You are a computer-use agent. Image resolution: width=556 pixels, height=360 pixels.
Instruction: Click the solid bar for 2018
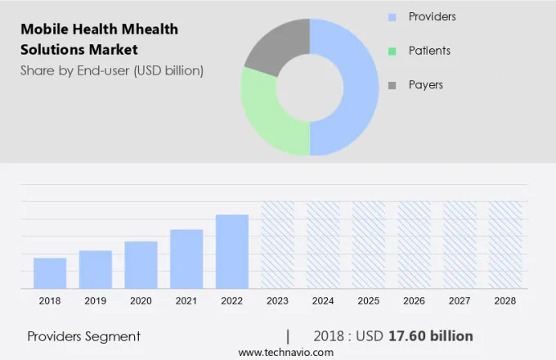[50, 272]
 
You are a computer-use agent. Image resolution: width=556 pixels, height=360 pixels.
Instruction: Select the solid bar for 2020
[141, 264]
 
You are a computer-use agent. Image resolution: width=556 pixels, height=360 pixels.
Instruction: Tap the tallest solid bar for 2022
[232, 251]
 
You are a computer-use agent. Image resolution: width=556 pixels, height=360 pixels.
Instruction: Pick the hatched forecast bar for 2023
[277, 245]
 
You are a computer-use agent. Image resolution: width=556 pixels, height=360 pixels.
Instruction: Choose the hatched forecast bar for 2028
[505, 245]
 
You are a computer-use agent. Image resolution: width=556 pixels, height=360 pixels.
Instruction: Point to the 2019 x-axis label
[96, 301]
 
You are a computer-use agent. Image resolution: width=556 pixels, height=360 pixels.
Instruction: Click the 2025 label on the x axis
[369, 301]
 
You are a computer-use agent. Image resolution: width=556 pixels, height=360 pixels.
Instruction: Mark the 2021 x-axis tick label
[186, 301]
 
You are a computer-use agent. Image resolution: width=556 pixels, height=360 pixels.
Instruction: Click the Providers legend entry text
[432, 16]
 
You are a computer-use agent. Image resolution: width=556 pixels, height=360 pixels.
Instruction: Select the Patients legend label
[429, 51]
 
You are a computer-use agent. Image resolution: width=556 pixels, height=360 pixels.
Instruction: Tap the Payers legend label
[425, 85]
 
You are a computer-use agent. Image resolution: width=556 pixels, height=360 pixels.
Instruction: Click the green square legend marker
[392, 51]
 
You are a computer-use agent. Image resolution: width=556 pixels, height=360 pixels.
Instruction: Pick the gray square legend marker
[392, 85]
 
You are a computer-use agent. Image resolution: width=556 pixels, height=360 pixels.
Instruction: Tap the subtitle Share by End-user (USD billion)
[112, 70]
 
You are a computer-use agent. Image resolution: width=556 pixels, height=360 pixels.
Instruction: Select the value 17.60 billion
[433, 336]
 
